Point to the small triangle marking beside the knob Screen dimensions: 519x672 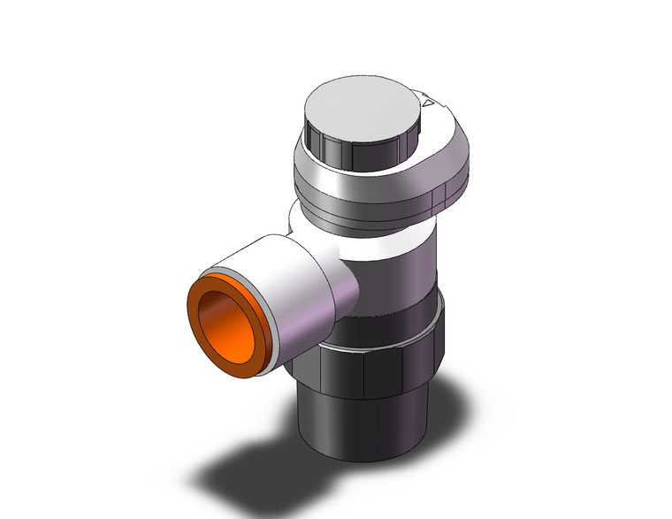431,104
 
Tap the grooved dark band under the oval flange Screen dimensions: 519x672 371,209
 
